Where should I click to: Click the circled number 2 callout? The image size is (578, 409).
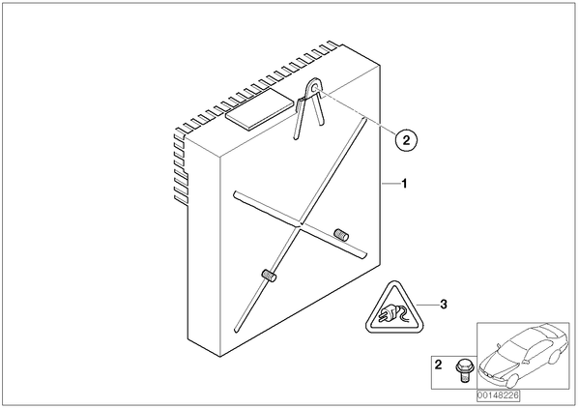point(406,140)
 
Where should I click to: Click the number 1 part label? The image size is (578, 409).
point(404,184)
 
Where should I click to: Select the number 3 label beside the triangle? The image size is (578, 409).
point(444,305)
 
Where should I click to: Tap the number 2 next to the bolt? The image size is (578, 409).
point(438,365)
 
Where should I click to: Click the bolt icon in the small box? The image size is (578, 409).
point(462,371)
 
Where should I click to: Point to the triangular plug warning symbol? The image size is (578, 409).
point(394,307)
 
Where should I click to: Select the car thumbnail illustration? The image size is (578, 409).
point(523,356)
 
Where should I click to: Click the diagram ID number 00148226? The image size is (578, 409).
point(498,395)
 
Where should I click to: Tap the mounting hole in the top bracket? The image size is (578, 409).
point(314,88)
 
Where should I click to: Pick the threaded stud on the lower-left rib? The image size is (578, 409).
point(269,276)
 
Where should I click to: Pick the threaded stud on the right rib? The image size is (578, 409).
point(341,235)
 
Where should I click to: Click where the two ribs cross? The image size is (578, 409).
point(300,224)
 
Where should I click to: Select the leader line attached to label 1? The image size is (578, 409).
point(390,184)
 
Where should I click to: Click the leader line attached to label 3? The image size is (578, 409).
point(427,305)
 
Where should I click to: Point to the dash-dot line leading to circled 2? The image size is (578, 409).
point(358,112)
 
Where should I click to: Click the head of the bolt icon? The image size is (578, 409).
point(462,365)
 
